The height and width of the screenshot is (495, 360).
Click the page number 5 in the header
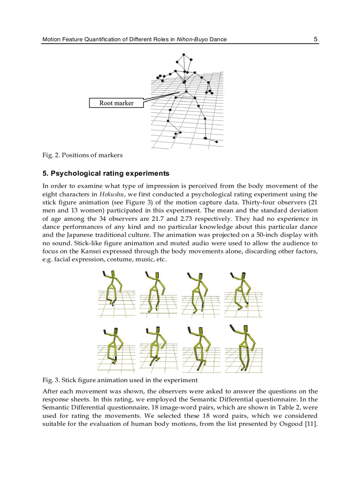point(315,39)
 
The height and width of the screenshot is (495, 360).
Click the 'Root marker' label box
point(116,103)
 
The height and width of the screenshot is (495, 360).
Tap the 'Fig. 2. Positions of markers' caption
point(82,155)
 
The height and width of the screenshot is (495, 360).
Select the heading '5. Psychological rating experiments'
point(105,173)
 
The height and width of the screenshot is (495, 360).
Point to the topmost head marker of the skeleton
point(184,54)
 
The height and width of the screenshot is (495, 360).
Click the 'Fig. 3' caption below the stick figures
point(120,380)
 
